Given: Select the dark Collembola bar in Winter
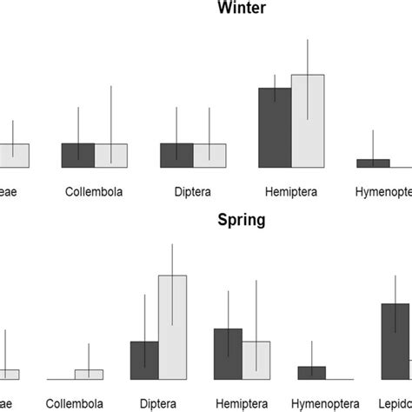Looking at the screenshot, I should tap(78, 156).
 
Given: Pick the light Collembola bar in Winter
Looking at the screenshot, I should tap(110, 156).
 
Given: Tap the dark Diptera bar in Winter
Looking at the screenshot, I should tap(176, 156).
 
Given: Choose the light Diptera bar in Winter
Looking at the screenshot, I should tap(209, 156).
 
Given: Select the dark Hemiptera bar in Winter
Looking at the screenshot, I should tap(275, 127).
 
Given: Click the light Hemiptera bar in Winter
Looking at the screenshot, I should tap(308, 121).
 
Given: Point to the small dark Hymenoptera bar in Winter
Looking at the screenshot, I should tap(373, 163).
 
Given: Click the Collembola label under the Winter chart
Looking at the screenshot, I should tap(94, 191).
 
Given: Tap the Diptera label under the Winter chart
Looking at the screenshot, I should tap(193, 191).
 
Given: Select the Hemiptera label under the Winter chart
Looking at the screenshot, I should tap(291, 191).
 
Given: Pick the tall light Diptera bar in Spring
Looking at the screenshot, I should tap(173, 328).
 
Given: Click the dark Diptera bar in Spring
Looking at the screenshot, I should tap(144, 360).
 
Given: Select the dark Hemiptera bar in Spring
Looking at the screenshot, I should tap(228, 354).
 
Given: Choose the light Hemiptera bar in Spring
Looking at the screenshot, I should tap(256, 360).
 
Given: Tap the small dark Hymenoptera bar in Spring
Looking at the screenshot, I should tap(311, 373).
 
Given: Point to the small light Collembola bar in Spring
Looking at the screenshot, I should tap(89, 375).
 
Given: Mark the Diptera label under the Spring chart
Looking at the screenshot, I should tap(158, 403).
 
